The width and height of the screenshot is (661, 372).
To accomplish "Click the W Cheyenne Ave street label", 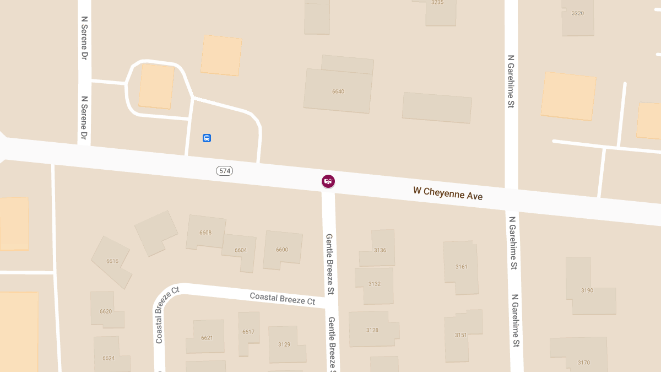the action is [448, 193].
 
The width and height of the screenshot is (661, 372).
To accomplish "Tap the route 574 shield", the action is [225, 171].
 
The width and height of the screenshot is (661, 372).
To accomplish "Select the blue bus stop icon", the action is [207, 138].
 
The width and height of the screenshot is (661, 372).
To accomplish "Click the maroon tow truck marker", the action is [328, 181].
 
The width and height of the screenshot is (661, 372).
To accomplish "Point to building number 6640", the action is [338, 91].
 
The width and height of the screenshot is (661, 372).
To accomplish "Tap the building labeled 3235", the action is [437, 3].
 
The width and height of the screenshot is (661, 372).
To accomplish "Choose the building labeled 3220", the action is [578, 13].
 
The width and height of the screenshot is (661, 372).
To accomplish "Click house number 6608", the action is [205, 233].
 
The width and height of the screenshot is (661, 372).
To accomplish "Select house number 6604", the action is [241, 250].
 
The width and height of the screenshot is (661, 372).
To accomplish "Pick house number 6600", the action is [282, 250].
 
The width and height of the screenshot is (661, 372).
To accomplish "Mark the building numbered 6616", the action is [112, 261].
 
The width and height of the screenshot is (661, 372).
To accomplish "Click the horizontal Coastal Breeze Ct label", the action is [283, 298].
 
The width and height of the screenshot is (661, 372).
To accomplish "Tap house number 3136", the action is [380, 250].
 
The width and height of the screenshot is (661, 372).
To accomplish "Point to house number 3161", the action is [461, 267].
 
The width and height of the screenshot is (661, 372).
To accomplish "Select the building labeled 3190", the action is [587, 290].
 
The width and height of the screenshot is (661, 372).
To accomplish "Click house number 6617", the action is [248, 332].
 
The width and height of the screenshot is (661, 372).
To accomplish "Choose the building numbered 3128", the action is [372, 330].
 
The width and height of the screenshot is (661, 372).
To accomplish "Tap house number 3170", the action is [584, 362].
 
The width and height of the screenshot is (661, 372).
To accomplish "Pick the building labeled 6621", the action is [207, 338].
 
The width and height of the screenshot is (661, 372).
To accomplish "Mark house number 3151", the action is [460, 335].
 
